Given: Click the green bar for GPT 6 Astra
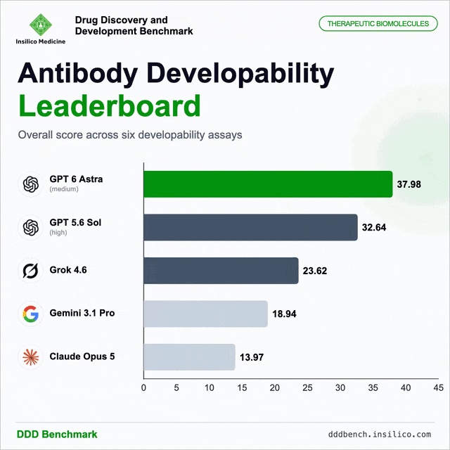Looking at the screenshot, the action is (268, 184).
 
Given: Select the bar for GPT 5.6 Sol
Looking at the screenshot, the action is (251, 227).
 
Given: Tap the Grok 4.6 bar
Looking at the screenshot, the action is (221, 271).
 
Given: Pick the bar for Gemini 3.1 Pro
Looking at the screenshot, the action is (206, 314).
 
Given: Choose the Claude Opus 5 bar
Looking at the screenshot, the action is (189, 357).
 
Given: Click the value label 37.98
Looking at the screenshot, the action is (409, 184).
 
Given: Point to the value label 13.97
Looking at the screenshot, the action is (252, 357).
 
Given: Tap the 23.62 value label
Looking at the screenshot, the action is (315, 271).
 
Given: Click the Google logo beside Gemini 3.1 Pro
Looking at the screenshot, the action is (31, 314).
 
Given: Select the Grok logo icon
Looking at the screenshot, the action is (31, 270).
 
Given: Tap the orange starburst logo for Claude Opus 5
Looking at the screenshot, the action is (31, 357).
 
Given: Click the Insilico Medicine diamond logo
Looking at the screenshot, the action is (41, 25).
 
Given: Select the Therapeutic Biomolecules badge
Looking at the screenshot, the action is (378, 23).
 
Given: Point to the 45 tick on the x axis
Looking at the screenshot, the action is (439, 388).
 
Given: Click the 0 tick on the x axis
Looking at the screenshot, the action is (143, 388).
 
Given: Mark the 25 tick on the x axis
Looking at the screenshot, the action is (307, 388).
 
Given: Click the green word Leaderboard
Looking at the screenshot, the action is (110, 105).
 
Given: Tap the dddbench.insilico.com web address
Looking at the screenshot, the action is (380, 435).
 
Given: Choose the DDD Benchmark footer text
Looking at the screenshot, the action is (57, 435).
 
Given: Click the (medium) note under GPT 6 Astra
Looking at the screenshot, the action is (64, 189).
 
